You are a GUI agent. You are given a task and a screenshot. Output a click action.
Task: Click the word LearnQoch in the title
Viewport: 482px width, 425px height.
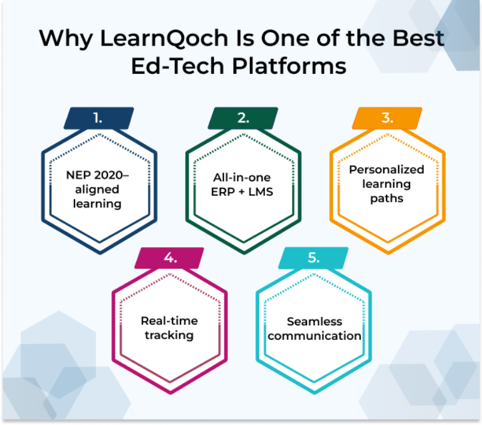(164, 39)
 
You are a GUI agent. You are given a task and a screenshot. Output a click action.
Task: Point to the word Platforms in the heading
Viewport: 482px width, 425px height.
(290, 66)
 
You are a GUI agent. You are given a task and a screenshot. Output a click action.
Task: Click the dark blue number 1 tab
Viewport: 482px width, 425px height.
(99, 118)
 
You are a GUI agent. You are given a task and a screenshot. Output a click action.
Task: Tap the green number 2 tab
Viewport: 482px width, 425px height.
(243, 118)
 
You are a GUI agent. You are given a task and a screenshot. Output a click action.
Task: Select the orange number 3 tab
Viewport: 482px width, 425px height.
(387, 118)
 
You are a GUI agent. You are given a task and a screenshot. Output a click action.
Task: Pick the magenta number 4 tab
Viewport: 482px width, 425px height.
(170, 258)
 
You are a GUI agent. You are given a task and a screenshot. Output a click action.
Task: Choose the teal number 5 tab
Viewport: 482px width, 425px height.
(313, 258)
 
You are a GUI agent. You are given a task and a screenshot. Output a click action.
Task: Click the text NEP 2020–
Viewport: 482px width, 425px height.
(98, 175)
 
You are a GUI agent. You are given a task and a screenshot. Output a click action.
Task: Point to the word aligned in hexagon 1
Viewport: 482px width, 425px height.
(97, 190)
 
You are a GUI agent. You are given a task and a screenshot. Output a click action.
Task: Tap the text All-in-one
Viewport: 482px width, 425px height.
(242, 178)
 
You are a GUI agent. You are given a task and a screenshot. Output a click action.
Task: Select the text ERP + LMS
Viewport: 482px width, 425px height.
(242, 192)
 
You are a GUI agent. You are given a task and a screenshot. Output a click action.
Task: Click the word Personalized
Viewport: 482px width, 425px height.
(387, 169)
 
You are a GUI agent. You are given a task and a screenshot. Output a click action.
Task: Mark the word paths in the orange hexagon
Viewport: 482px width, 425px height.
(387, 199)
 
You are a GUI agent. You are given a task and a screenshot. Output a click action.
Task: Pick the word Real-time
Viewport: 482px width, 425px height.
(170, 321)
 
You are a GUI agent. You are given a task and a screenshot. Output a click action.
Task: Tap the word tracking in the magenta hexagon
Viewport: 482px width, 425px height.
(170, 336)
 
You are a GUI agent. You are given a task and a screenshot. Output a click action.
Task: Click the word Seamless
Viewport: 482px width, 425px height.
(315, 322)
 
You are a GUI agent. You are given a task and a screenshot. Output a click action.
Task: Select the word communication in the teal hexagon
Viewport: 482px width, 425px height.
(315, 336)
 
